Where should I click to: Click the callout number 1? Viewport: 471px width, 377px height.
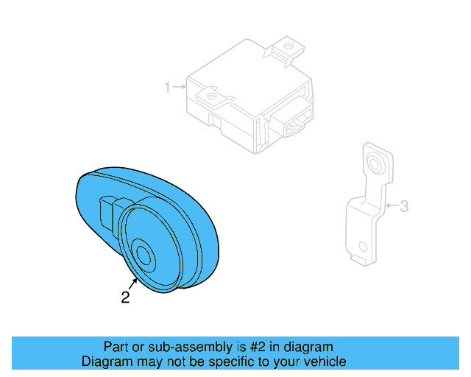tap(167, 88)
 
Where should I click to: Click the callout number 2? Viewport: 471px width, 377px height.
tap(125, 297)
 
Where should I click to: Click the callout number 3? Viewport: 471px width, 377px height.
tap(404, 207)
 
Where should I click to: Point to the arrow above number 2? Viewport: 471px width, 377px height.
tap(134, 283)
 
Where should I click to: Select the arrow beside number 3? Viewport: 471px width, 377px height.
tap(390, 206)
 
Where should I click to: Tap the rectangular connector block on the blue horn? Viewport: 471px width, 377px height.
tap(108, 213)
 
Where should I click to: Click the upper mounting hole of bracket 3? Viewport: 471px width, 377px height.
tap(374, 162)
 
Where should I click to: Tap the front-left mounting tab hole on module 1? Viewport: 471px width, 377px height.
tap(211, 95)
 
